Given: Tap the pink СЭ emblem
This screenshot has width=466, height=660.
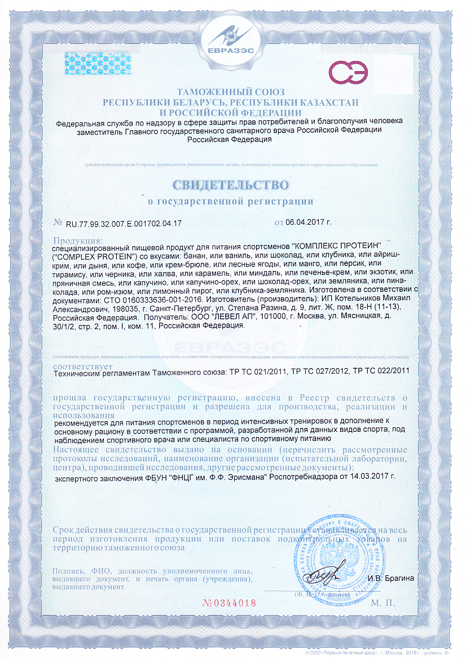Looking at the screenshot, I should coord(349,73).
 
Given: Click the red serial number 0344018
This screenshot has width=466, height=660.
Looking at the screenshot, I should coord(229,602).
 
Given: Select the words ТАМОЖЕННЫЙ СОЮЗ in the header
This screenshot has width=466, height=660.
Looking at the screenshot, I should coord(231,92).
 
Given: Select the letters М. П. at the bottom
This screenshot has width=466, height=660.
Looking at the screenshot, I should coord(383,603).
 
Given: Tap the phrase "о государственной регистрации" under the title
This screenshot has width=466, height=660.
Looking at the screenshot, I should coord(230,200).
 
